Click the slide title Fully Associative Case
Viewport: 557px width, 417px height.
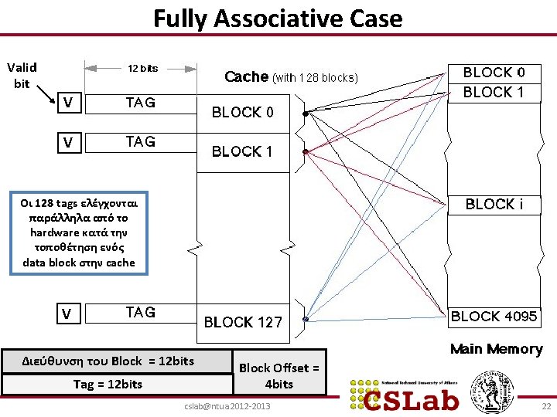(278, 18)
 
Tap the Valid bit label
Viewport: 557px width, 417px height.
(22, 75)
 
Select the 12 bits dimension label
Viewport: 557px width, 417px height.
(143, 68)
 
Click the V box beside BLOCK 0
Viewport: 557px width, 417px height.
(69, 103)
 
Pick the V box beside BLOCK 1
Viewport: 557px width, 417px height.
(69, 142)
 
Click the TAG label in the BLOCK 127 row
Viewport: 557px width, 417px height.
(140, 312)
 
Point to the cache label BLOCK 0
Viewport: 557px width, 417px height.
(242, 112)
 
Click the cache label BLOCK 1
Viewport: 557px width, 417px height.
(242, 151)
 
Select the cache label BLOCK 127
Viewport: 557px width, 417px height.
(243, 322)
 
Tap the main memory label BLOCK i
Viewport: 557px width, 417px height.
(494, 205)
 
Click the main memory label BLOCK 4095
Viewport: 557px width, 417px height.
(494, 316)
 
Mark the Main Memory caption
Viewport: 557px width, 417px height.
(496, 349)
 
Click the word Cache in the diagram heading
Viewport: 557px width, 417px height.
(246, 76)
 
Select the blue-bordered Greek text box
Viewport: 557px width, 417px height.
(78, 232)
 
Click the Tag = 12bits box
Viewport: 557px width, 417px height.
(108, 384)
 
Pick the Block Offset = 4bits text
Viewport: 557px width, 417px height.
(278, 375)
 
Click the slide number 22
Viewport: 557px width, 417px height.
(545, 406)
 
